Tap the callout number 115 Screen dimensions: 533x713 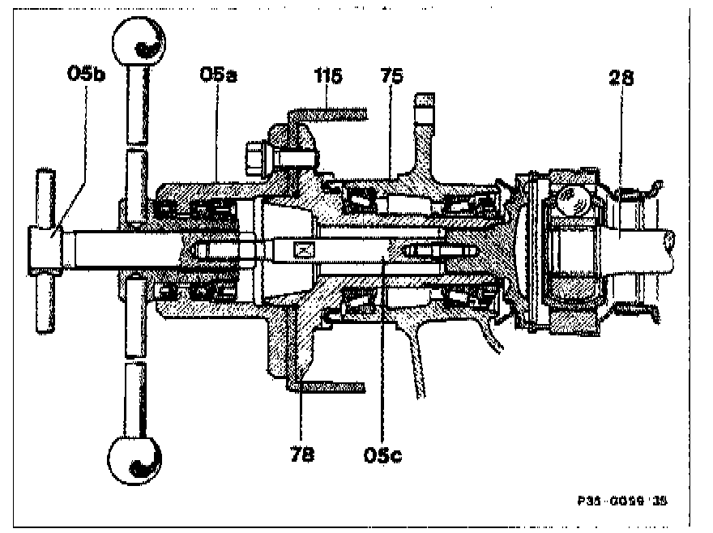pos(329,76)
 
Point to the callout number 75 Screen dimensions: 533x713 pos(394,76)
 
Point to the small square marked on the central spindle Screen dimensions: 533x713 pos(305,251)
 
